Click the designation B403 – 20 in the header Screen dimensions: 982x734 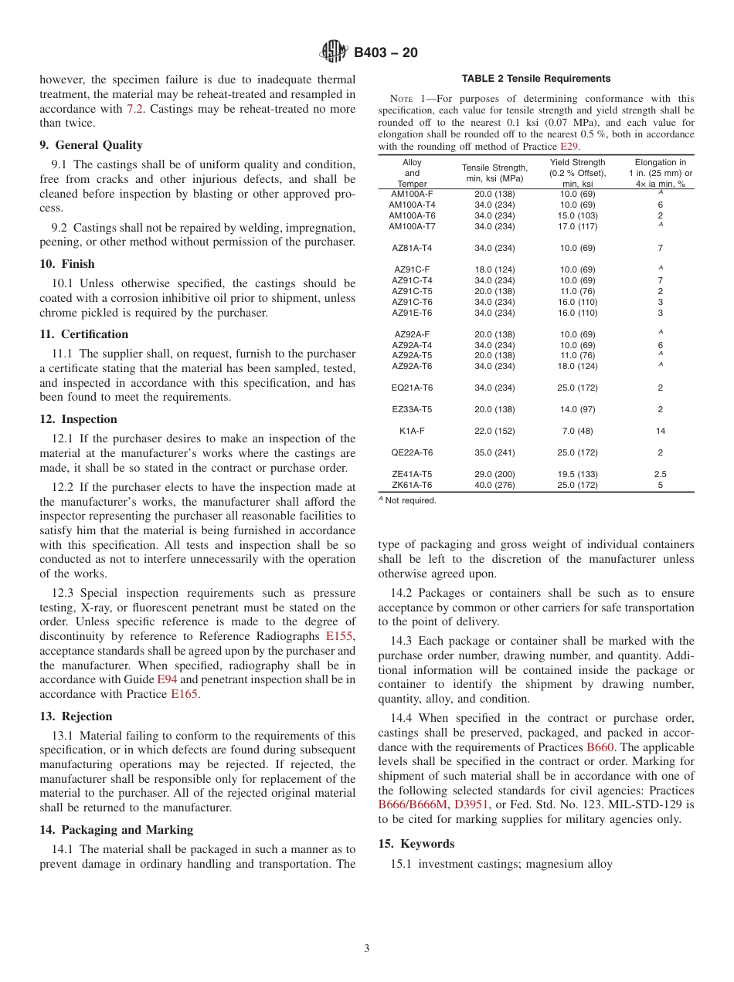[x=386, y=53]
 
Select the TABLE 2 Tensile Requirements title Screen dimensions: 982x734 [x=536, y=79]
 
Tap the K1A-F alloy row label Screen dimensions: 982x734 [x=412, y=431]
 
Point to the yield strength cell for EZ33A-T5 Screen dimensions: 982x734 [x=577, y=409]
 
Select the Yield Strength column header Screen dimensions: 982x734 [x=577, y=173]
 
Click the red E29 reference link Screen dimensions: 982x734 [x=569, y=147]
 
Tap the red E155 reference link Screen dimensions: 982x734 [x=339, y=636]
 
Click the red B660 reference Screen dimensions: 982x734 [x=600, y=747]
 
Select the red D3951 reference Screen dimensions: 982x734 [x=471, y=804]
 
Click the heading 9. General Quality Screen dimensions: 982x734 [x=91, y=145]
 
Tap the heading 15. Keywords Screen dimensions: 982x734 [x=416, y=844]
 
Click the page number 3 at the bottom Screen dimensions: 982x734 [x=367, y=949]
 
